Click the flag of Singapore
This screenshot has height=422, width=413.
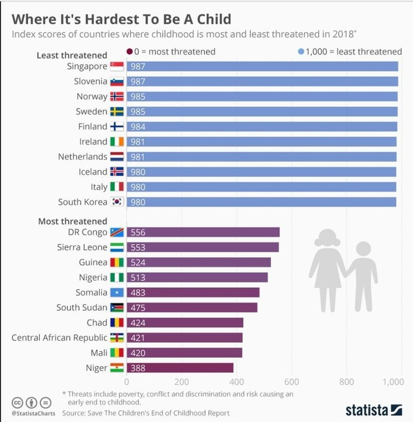tap(117, 67)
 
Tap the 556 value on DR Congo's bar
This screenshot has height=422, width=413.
tap(137, 232)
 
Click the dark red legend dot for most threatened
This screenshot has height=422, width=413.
tap(129, 52)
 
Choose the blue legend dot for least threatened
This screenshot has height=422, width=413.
tap(301, 52)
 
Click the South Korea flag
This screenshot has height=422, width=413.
tap(117, 202)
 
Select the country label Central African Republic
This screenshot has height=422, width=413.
tap(59, 338)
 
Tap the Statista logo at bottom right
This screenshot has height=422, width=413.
tap(374, 410)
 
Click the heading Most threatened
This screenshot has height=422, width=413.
tap(72, 221)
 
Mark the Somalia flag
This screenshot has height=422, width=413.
tap(117, 292)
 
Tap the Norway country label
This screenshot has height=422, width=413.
tap(92, 97)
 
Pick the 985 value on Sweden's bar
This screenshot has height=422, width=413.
tap(137, 112)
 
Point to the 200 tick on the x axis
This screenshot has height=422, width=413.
tap(182, 382)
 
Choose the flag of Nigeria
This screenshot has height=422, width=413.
tap(117, 277)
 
